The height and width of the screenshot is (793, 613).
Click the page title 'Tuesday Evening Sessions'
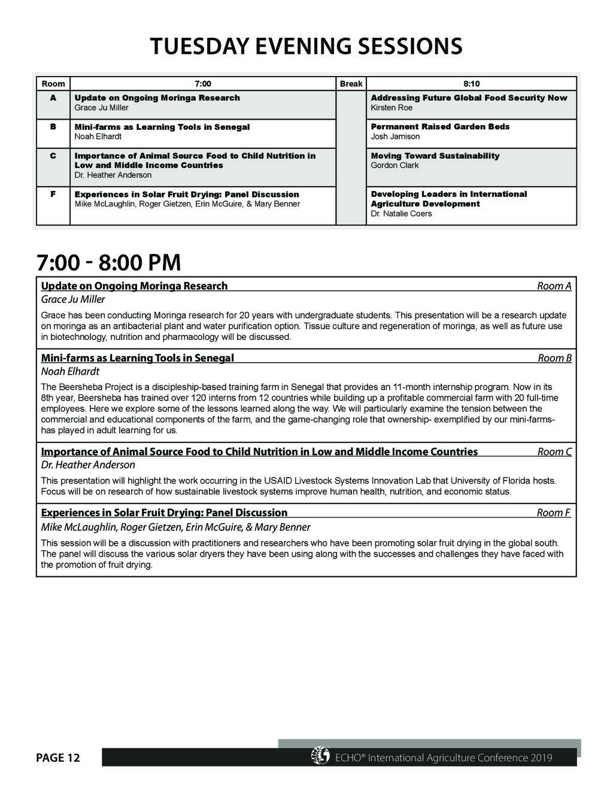[x=306, y=46]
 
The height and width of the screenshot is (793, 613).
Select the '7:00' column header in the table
[x=203, y=84]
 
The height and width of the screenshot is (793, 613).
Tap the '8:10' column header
[x=471, y=84]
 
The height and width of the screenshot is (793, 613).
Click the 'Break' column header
[x=351, y=84]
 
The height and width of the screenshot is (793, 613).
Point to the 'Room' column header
[x=53, y=84]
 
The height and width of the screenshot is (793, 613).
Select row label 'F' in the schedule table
[x=53, y=194]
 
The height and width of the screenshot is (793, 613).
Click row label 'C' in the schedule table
[x=53, y=156]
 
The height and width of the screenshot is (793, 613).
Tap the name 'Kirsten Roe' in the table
[x=392, y=108]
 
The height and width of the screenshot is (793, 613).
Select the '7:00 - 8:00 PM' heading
[x=108, y=263]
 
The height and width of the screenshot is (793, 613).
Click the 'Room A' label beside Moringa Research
[x=554, y=286]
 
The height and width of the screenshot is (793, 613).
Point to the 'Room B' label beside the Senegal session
[x=554, y=358]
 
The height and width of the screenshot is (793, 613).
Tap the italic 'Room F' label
[x=554, y=512]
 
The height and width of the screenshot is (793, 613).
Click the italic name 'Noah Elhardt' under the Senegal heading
[x=70, y=371]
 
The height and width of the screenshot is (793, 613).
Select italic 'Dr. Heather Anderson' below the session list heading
[x=88, y=464]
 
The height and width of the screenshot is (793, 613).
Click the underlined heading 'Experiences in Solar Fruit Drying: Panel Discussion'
[x=164, y=512]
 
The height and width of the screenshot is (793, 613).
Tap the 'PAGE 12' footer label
[x=57, y=758]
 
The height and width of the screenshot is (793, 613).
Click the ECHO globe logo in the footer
[x=320, y=756]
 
